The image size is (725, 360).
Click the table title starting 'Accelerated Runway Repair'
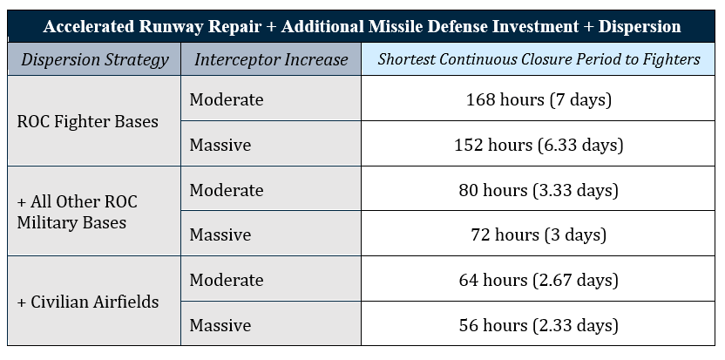pos(362,26)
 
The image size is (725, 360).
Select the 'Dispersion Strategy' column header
pos(94,59)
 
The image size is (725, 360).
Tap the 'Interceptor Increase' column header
pos(271,59)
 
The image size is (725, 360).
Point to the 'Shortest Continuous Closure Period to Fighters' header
pos(539,59)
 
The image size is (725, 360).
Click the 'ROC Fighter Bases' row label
pos(88,122)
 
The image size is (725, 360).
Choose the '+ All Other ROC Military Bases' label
pos(78,213)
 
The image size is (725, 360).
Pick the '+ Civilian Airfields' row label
pos(88,302)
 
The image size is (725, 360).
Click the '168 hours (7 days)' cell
pos(539,99)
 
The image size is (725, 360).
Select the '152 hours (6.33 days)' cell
pos(539,145)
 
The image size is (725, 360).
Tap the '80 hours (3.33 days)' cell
pos(539,190)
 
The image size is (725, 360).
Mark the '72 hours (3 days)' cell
pos(539,235)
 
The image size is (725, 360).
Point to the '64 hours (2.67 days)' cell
pos(539,280)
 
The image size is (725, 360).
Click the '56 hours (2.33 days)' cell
pos(539,325)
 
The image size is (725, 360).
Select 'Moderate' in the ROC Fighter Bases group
pos(227,99)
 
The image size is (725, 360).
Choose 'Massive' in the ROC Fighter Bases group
pos(220,145)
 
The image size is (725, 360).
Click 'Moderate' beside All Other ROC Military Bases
pos(227,190)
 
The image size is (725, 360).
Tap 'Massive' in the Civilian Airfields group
pos(220,325)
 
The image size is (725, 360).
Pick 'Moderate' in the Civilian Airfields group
pos(227,280)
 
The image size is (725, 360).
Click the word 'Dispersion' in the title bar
pos(640,27)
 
